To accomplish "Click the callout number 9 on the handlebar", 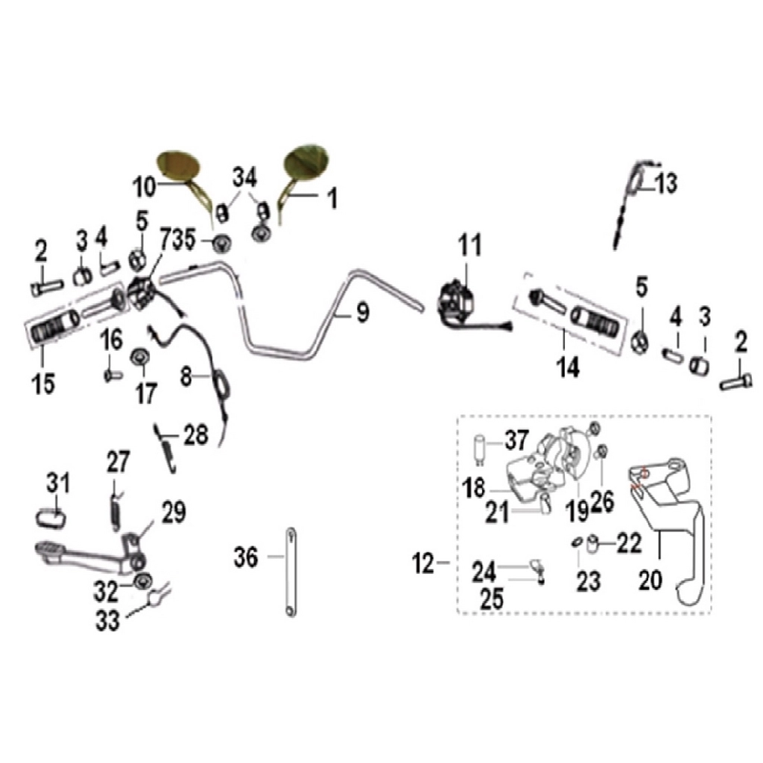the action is [363, 312].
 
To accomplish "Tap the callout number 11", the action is [469, 245].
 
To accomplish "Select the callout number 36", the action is [246, 557].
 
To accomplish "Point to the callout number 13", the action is [665, 183].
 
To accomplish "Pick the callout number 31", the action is [58, 483].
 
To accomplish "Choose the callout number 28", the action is [196, 434].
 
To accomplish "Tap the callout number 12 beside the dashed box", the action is [422, 564].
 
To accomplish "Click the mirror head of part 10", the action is [179, 166].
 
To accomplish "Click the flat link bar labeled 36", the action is [291, 572].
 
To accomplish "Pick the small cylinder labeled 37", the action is [480, 446].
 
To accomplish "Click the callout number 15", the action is [43, 384].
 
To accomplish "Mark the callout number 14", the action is [568, 367].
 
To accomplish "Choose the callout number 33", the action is [107, 621].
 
